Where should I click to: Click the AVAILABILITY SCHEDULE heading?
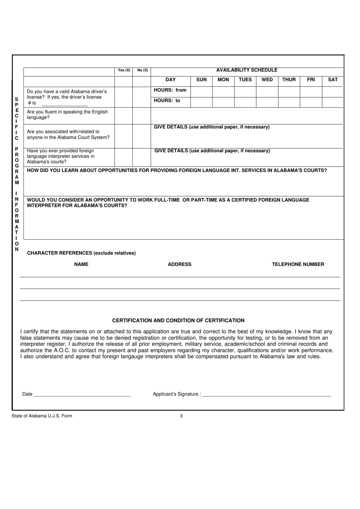point(247,70)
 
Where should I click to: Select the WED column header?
point(267,80)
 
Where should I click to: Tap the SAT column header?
point(333,80)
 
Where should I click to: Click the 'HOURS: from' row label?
point(170,90)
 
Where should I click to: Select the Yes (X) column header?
point(124,70)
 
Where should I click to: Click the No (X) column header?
point(142,70)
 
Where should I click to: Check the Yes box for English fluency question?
point(124,116)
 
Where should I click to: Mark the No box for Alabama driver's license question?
point(142,97)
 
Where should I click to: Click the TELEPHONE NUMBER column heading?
point(298,264)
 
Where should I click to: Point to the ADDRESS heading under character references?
point(180,264)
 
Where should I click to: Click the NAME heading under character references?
point(81,264)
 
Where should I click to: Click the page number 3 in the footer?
point(181,416)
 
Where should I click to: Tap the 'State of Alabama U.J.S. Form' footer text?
point(42,416)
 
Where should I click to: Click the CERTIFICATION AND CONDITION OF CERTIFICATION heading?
point(178,320)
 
